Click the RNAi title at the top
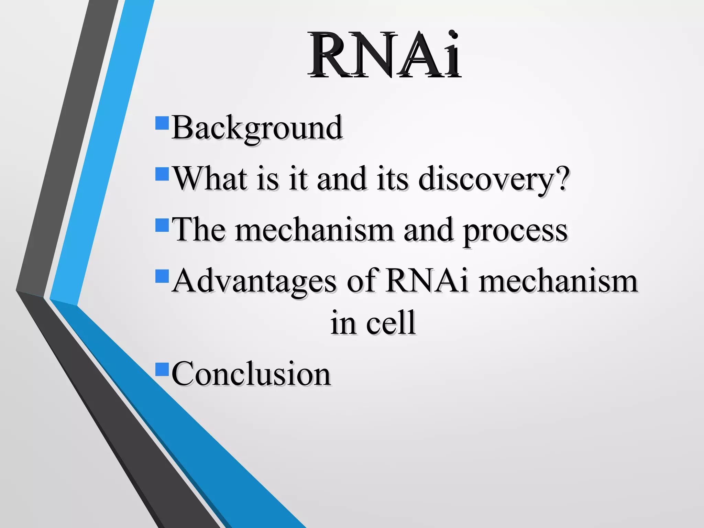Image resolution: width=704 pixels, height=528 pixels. point(384,55)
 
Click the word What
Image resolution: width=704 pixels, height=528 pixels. point(210,179)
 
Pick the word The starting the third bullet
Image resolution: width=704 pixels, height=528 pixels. point(199,230)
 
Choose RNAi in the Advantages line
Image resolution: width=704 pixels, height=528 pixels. point(427,281)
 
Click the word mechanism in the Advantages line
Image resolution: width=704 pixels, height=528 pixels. point(558,281)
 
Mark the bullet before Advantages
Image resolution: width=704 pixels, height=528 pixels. point(162,276)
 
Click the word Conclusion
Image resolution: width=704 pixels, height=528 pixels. point(251,374)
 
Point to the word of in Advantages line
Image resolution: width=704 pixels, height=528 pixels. point(362,281)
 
